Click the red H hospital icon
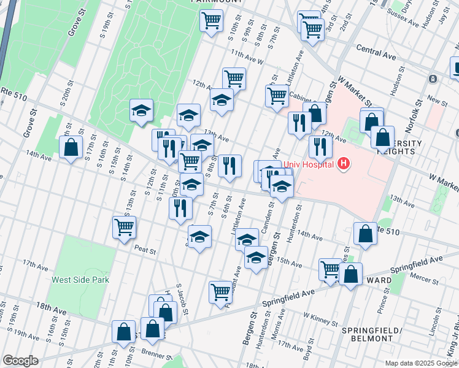[344, 164]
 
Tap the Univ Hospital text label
[309, 164]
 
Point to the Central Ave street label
[376, 55]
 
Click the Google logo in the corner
[20, 361]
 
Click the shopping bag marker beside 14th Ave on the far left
[71, 147]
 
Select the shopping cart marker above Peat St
[124, 226]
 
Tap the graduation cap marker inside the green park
[141, 110]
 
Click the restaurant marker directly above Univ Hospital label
[320, 146]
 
